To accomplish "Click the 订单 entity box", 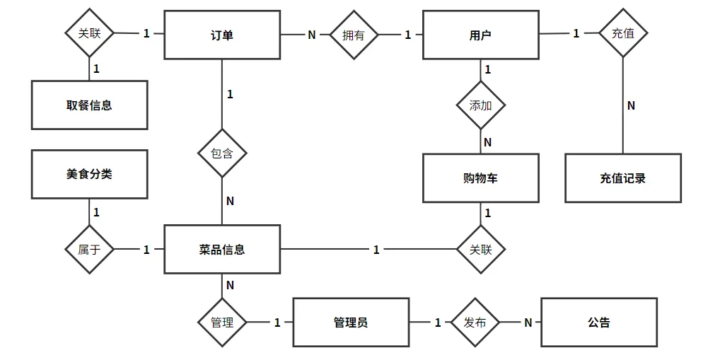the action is tap(222, 35).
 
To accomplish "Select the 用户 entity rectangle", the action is tap(481, 35).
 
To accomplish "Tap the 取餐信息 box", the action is tap(90, 105).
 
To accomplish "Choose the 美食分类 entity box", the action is tap(90, 174).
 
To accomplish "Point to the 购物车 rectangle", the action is tap(481, 178).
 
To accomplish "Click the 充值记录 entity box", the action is tap(623, 178).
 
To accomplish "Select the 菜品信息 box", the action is tap(222, 250).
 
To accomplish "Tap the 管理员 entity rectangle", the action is tap(352, 323).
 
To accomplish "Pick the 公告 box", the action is tap(599, 323).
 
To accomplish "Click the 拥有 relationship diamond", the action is tap(354, 35).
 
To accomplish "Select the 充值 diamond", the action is tap(623, 33).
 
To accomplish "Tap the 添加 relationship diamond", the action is tap(481, 105).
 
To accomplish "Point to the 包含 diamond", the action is tap(222, 153).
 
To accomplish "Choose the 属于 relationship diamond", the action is tap(90, 250).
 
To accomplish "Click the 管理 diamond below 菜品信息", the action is tap(222, 323).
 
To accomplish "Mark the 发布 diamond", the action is tap(475, 323).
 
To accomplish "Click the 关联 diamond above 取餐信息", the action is tap(90, 33).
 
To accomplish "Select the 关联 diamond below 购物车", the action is tap(481, 250).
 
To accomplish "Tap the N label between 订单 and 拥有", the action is tap(312, 35).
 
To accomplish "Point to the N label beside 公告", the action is tap(528, 323).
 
